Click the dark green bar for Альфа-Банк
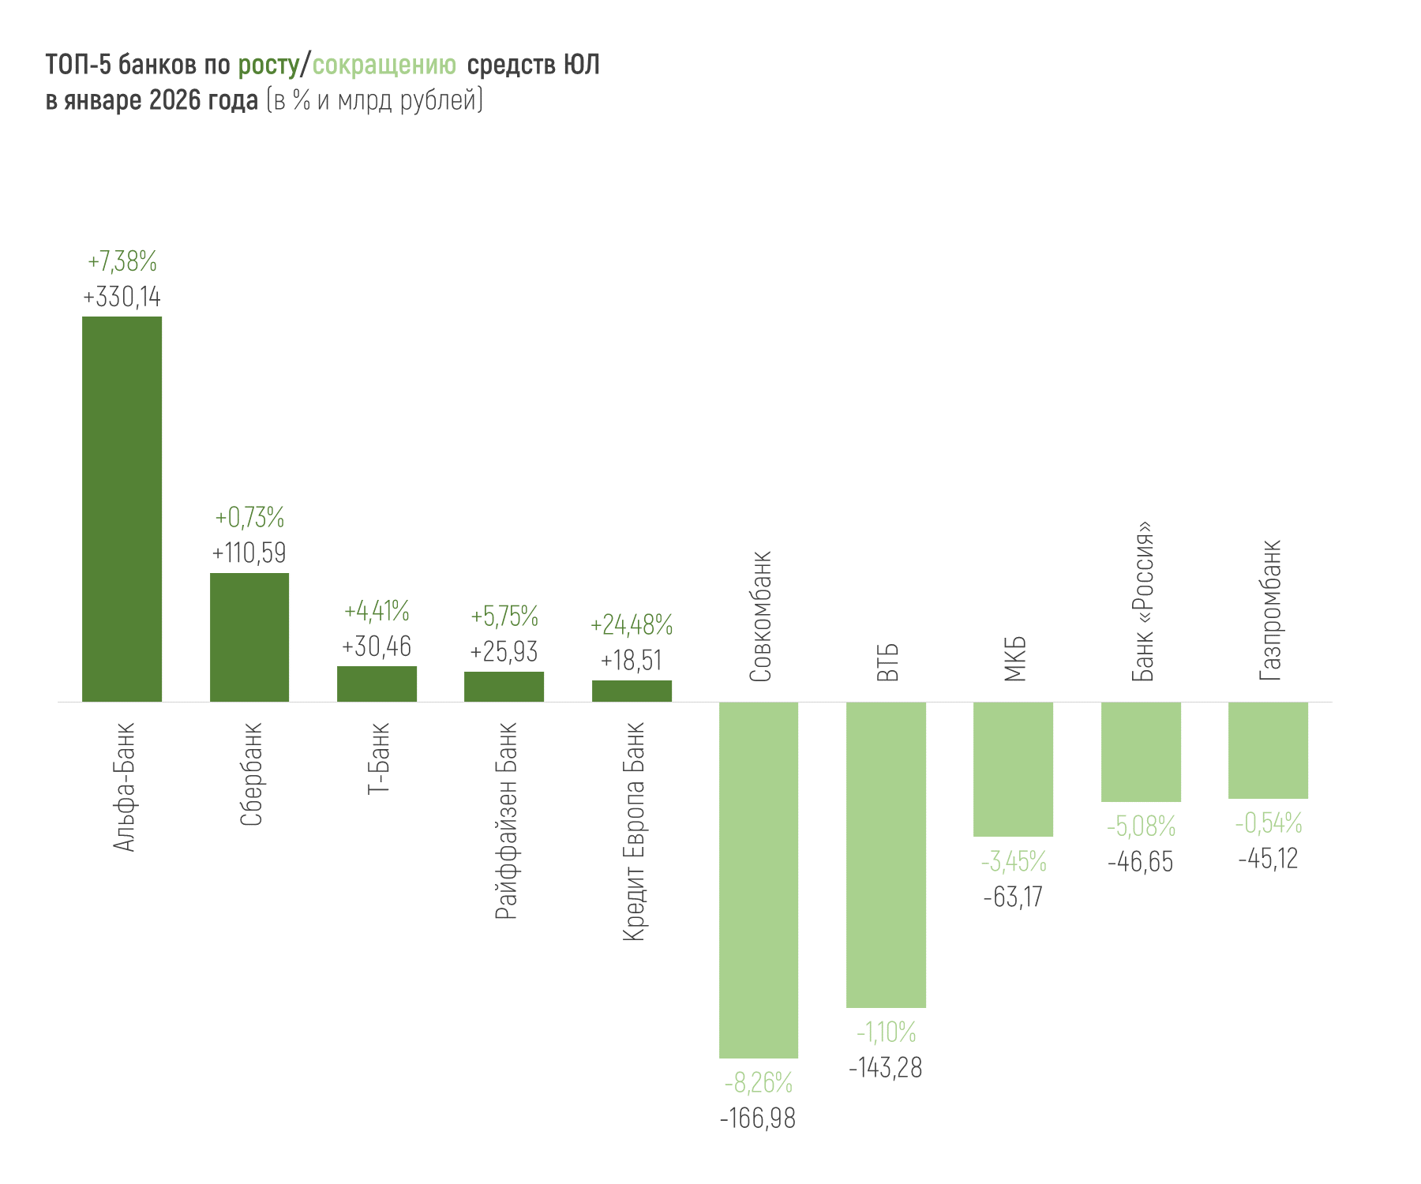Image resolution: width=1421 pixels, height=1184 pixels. pyautogui.click(x=122, y=509)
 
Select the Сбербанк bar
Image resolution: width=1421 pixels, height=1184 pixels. pyautogui.click(x=249, y=637)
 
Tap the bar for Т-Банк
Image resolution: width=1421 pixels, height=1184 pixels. pyautogui.click(x=377, y=684)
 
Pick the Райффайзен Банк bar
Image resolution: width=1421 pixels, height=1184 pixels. pyautogui.click(x=504, y=687)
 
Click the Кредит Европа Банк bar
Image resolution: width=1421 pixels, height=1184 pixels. pyautogui.click(x=632, y=691)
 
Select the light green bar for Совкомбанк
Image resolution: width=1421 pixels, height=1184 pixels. pyautogui.click(x=759, y=879)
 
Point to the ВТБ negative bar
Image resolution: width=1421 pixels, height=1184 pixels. pyautogui.click(x=886, y=854)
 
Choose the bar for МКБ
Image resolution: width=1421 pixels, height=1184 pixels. pyautogui.click(x=1013, y=769)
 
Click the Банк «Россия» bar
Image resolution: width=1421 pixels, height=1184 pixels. pyautogui.click(x=1141, y=751)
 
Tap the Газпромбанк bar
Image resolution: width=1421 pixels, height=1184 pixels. pyautogui.click(x=1268, y=750)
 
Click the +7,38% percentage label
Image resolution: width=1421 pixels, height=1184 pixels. pyautogui.click(x=122, y=261)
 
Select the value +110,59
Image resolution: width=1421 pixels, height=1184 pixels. pyautogui.click(x=249, y=553)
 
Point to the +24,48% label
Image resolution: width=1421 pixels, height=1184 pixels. pyautogui.click(x=632, y=625)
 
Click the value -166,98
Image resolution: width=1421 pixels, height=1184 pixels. pyautogui.click(x=758, y=1118)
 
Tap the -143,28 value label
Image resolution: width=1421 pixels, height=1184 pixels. pyautogui.click(x=885, y=1068)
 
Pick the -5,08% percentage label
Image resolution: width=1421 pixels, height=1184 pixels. pyautogui.click(x=1141, y=826)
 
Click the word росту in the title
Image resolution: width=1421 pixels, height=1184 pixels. pyautogui.click(x=268, y=65)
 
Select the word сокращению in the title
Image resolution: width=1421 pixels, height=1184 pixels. pyautogui.click(x=384, y=65)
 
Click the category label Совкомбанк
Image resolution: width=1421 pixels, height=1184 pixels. pyautogui.click(x=759, y=616)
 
